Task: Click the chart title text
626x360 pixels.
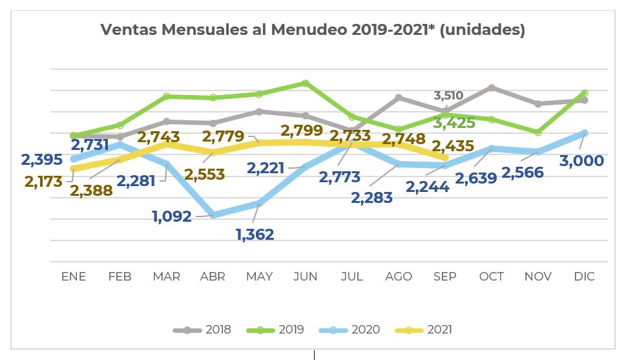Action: click(x=313, y=30)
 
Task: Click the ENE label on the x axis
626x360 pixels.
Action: click(x=74, y=277)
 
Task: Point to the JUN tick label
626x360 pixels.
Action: click(x=306, y=277)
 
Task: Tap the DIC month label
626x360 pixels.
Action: click(x=584, y=277)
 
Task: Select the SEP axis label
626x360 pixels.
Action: click(x=444, y=277)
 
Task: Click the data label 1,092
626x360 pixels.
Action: click(x=172, y=217)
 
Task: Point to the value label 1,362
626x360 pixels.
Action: click(x=255, y=234)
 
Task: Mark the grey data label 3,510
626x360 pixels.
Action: click(x=448, y=96)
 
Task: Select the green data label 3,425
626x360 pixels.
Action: click(x=454, y=123)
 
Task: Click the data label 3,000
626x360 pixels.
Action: click(x=582, y=161)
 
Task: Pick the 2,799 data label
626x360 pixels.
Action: click(x=302, y=131)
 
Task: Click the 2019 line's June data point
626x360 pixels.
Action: click(x=306, y=83)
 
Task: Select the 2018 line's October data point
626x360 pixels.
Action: click(x=492, y=87)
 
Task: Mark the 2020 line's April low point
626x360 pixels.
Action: click(x=213, y=215)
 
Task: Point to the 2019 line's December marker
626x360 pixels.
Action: click(x=585, y=93)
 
